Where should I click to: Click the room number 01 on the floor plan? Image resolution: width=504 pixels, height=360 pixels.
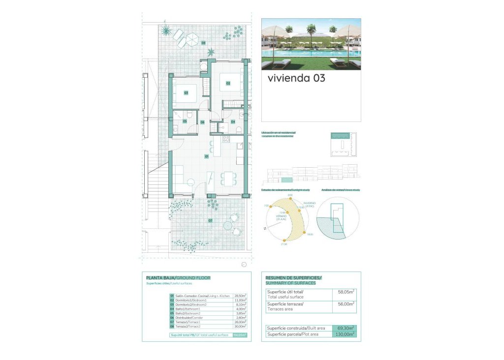point(207,156)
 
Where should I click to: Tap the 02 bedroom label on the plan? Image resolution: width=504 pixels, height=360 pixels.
point(228,84)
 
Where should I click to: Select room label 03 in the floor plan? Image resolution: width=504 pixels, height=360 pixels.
point(186,92)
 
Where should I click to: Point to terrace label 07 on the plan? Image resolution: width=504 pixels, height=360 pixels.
point(210,221)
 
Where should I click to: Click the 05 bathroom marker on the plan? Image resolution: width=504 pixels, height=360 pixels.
point(185,121)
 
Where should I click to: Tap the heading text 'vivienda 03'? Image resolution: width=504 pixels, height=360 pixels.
point(296,78)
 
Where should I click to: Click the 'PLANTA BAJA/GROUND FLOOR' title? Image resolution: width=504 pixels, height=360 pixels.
point(178,278)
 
